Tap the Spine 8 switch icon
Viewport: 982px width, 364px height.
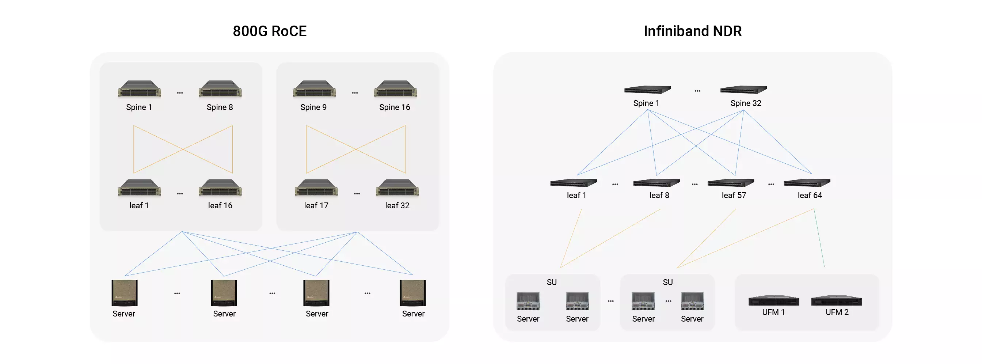click(220, 89)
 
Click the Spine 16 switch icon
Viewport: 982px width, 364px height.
click(395, 89)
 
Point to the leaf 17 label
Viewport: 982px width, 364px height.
click(316, 205)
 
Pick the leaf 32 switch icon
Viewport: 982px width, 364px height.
click(397, 187)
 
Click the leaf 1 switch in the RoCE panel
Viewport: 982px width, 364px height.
click(140, 187)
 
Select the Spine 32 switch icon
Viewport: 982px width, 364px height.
click(743, 90)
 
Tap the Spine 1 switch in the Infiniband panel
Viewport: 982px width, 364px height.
click(647, 90)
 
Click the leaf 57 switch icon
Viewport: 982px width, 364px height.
click(731, 183)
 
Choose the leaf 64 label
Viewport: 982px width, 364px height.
click(810, 195)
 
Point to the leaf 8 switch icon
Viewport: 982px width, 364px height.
click(656, 183)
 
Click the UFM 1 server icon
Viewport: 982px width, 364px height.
click(773, 301)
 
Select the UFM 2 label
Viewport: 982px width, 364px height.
click(837, 312)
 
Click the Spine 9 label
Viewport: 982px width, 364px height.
click(313, 107)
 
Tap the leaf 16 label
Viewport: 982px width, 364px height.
click(220, 205)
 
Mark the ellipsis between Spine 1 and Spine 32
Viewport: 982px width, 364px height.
click(697, 91)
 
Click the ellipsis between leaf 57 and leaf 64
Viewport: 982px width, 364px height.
click(771, 185)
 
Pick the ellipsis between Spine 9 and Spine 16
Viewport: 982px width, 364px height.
click(355, 93)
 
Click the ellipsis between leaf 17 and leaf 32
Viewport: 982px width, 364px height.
click(357, 194)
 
